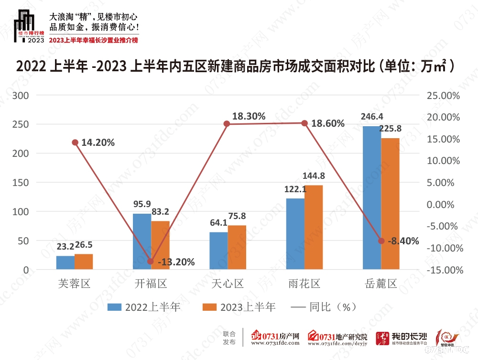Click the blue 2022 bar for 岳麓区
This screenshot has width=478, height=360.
click(371, 198)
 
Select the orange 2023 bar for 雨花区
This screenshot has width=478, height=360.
click(314, 228)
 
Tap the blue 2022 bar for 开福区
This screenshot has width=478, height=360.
click(141, 241)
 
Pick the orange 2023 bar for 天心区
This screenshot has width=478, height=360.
click(237, 248)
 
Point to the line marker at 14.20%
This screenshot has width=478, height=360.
click(75, 142)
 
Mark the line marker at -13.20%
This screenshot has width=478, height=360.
click(151, 262)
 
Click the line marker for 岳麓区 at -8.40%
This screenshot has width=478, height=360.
click(381, 240)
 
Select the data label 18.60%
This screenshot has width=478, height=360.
click(328, 123)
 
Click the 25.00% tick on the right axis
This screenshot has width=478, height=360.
click(444, 96)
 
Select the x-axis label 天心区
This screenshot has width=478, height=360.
click(228, 284)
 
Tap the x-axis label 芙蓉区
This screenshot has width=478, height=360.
click(74, 284)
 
